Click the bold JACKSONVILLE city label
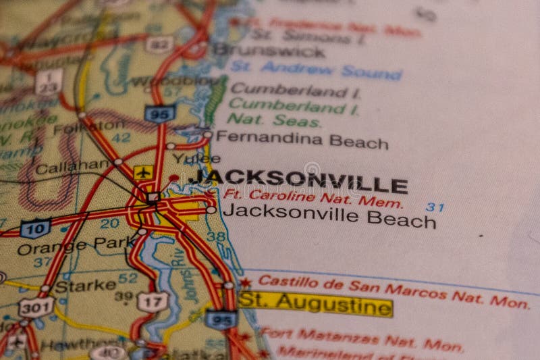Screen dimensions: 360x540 (298, 180)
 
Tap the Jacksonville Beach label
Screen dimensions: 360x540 (329, 215)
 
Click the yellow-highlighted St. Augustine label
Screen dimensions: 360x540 (315, 305)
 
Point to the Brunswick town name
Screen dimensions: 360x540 (269, 50)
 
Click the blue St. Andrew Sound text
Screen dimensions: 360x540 (316, 69)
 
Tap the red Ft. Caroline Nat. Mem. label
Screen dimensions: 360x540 (313, 198)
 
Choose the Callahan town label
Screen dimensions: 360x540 (72, 166)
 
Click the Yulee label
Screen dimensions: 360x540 (186, 158)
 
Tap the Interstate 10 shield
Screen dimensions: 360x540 (35, 228)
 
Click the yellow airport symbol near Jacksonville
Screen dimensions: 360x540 (142, 172)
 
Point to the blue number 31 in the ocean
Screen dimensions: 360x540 (435, 207)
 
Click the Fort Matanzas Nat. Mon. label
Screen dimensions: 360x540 (362, 339)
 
